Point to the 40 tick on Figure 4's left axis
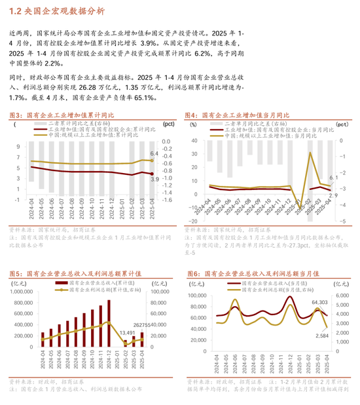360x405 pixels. point(193,141)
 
